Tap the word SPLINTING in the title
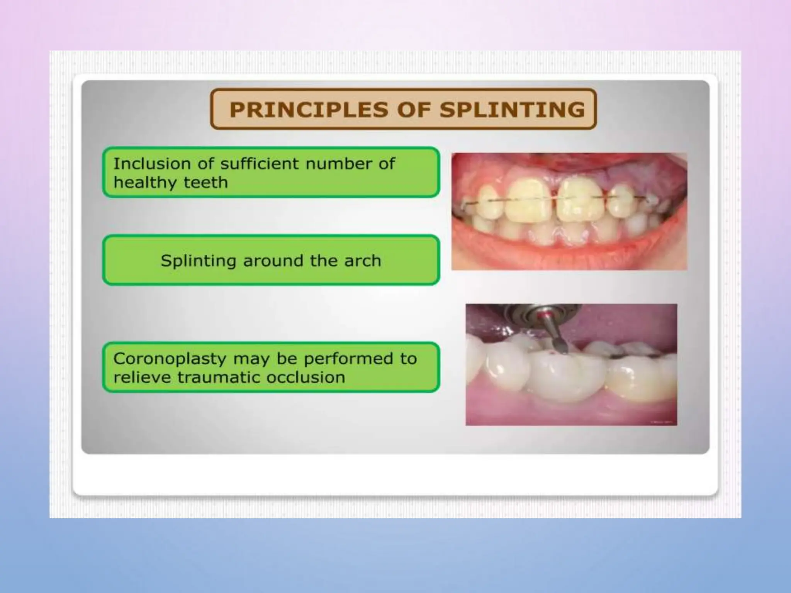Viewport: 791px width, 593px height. tap(512, 109)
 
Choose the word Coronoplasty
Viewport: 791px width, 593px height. tap(170, 359)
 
